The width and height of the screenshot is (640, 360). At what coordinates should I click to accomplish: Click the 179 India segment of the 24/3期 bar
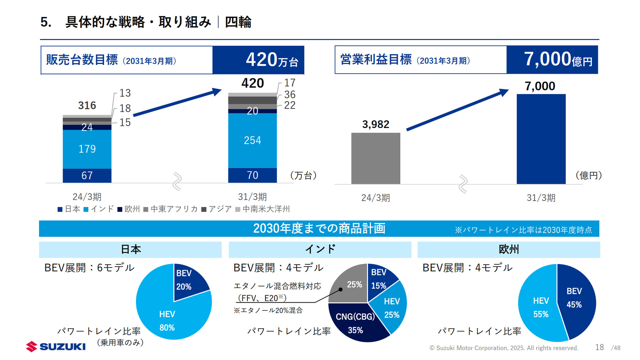(87, 149)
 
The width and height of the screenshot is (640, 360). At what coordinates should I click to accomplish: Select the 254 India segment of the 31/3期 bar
(252, 140)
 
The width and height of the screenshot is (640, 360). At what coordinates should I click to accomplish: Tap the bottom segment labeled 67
(87, 175)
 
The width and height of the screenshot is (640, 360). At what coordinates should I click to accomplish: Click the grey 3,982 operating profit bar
(376, 158)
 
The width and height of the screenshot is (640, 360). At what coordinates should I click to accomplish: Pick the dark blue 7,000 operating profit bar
(541, 139)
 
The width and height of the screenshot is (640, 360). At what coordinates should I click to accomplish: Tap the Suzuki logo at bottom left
(56, 347)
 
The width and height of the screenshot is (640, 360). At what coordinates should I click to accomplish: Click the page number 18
(599, 347)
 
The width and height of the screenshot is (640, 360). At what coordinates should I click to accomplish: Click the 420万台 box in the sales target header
(258, 60)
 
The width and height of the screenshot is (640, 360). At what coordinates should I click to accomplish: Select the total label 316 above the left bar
(87, 105)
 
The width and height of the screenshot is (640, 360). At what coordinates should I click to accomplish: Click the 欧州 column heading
(509, 249)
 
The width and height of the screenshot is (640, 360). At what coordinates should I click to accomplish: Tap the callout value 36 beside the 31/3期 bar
(290, 95)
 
